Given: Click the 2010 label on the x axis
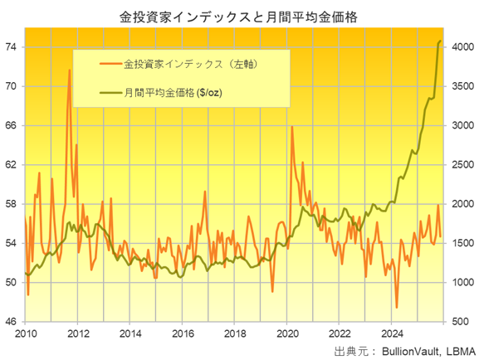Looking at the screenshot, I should pyautogui.click(x=26, y=333).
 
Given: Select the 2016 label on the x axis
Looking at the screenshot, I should pyautogui.click(x=182, y=333).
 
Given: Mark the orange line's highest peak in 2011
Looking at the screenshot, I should pyautogui.click(x=69, y=70).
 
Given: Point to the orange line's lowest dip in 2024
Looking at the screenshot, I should pyautogui.click(x=397, y=308).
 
